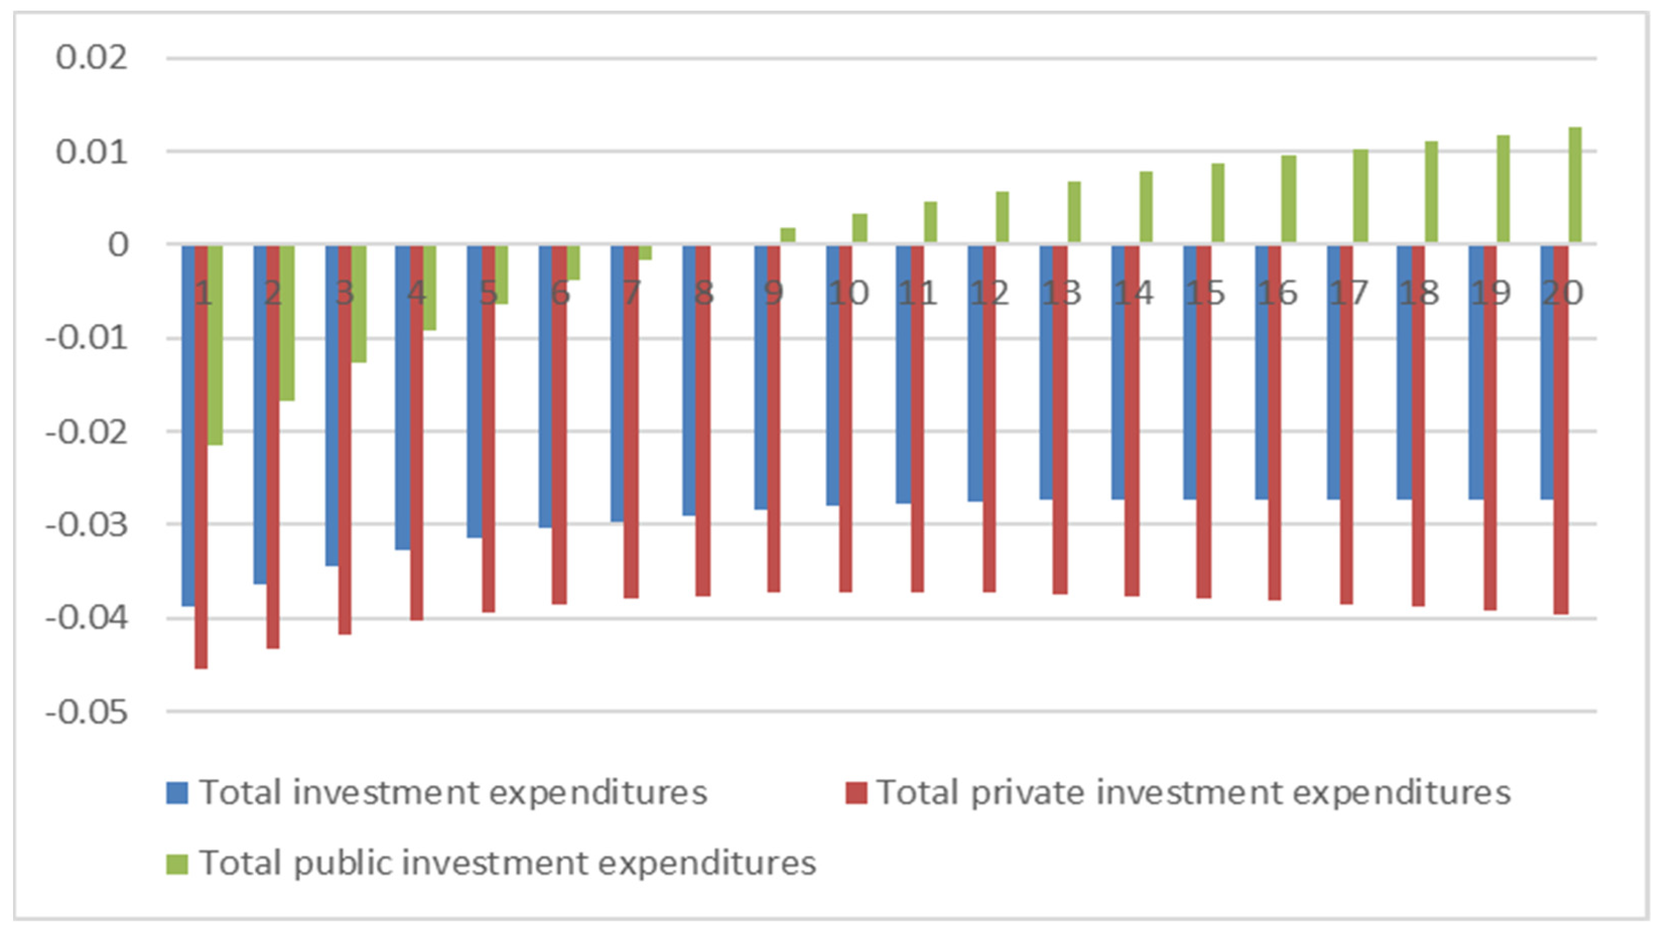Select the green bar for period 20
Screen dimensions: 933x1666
coord(1575,186)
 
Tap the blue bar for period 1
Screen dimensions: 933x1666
coord(188,425)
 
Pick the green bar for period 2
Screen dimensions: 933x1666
coord(287,323)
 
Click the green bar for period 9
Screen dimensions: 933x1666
coord(788,236)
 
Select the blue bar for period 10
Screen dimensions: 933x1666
coord(832,375)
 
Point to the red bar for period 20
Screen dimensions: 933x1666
coord(1561,429)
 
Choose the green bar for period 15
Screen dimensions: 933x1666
coord(1218,204)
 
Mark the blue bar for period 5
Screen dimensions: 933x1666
coord(475,391)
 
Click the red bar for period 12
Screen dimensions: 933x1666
coord(989,418)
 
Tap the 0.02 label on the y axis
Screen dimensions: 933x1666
coord(92,58)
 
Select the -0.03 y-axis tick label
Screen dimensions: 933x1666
coord(87,525)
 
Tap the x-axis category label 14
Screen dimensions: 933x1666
coord(1133,294)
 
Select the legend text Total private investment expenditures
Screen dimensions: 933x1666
coord(1193,793)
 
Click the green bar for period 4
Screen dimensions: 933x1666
coord(429,288)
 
